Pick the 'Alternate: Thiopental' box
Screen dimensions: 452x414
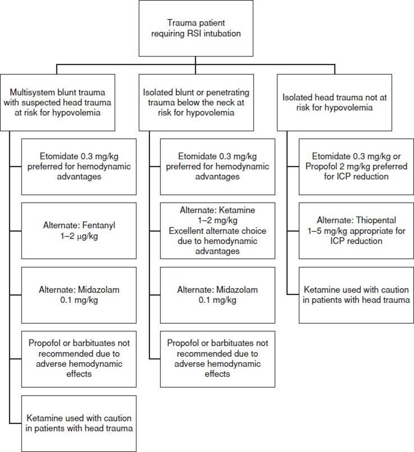356,230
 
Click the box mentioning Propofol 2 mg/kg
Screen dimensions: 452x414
356,167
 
